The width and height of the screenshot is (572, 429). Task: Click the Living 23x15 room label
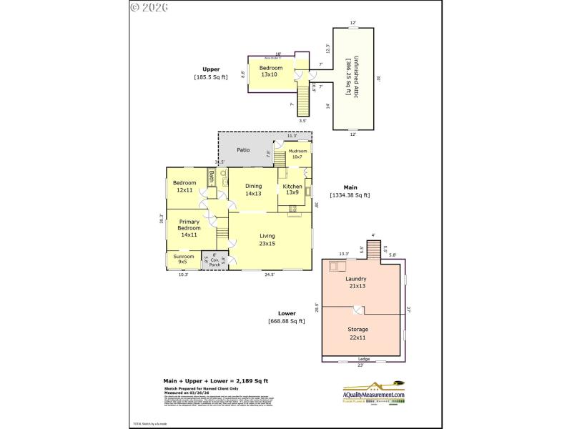[267, 240]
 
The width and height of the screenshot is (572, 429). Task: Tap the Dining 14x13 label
[253, 189]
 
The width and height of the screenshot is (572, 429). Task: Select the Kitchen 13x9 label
[292, 189]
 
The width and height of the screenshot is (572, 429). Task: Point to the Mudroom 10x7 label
[297, 154]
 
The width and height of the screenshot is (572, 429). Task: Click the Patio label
[243, 149]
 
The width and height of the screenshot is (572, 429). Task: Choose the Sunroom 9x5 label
[184, 258]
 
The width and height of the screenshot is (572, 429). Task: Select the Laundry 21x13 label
[355, 282]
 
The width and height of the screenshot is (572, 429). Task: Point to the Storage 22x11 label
[357, 333]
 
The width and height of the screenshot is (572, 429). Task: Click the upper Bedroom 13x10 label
[269, 71]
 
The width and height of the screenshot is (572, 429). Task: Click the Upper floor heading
[210, 69]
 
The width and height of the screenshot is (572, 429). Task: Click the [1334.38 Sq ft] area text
[350, 194]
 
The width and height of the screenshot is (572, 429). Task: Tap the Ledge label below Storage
[363, 359]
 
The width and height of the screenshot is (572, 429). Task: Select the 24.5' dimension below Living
[270, 275]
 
